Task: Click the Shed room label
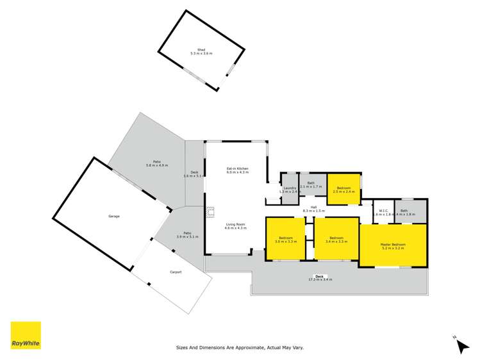(x=201, y=51)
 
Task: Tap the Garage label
(x=113, y=216)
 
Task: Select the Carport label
(x=175, y=272)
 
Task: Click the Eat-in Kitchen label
(x=237, y=170)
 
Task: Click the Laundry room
(x=290, y=190)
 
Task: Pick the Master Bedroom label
(x=393, y=245)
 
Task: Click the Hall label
(x=314, y=208)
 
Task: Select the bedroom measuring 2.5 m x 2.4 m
(x=345, y=189)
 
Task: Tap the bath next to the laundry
(x=311, y=184)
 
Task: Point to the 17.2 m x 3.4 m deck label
(x=320, y=278)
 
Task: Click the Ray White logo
(x=26, y=335)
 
